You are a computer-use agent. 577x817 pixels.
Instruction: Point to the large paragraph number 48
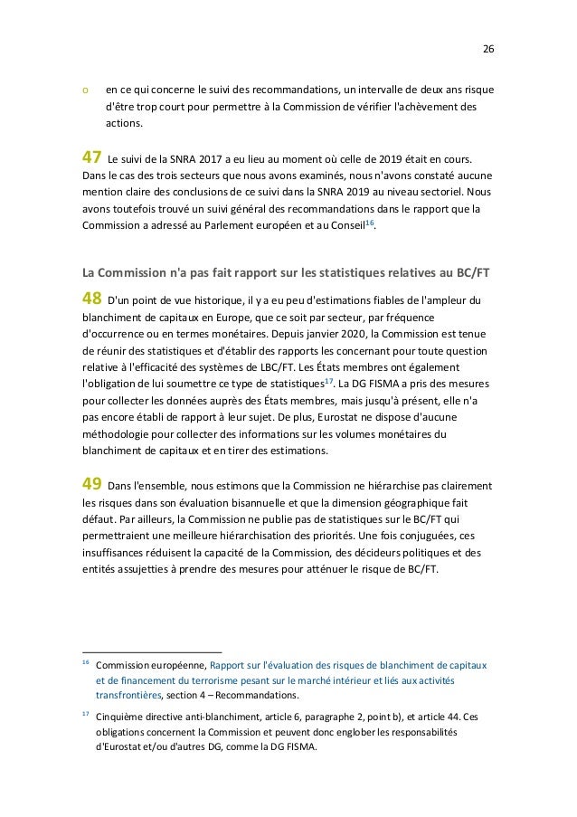coord(93,298)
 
